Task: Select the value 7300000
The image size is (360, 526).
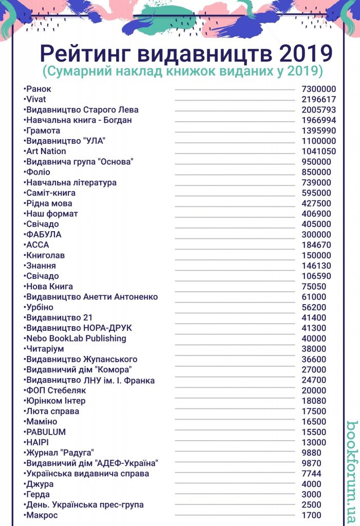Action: pos(318,89)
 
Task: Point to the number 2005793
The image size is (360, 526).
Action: pos(318,110)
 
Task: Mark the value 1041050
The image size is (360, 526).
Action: pos(318,151)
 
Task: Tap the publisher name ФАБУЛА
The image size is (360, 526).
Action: pos(43,234)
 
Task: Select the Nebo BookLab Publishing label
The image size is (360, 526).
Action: pos(76,338)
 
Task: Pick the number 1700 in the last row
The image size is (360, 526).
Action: pos(311,515)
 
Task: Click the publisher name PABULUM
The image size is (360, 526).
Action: pos(46,432)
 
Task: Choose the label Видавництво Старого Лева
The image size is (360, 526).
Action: pos(82,110)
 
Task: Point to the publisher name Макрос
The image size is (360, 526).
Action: pos(42,515)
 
